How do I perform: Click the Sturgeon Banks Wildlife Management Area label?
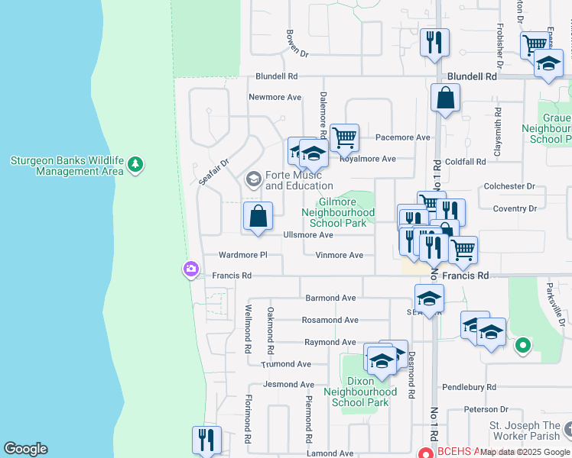coord(67,166)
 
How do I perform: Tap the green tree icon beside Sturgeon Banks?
coord(135,164)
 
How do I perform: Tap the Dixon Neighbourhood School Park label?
coord(361,392)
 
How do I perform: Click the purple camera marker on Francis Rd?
coord(190,269)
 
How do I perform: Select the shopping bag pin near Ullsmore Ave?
coord(258,215)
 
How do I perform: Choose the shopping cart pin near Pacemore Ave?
coord(345,138)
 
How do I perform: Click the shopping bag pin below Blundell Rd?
coord(445,98)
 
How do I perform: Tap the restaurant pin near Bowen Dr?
coord(434,43)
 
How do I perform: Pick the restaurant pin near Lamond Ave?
coord(206,440)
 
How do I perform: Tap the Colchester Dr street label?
coord(510,186)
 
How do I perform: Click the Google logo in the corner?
coord(25,449)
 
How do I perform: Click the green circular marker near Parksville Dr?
coord(522,347)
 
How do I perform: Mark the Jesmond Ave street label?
coord(288,385)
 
